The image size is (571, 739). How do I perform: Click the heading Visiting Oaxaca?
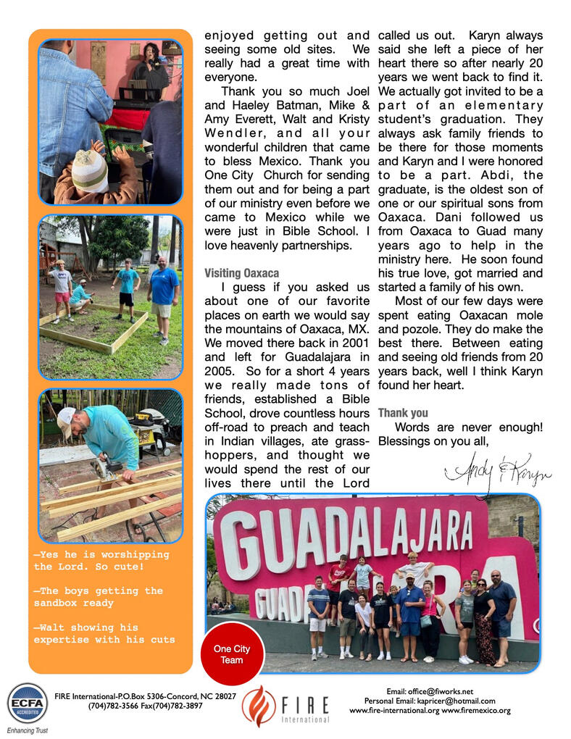(x=241, y=273)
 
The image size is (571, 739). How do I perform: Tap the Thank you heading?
(x=403, y=413)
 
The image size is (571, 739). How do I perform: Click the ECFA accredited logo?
(x=27, y=703)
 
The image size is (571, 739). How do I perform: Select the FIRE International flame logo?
(x=259, y=706)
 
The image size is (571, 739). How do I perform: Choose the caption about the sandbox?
(x=99, y=596)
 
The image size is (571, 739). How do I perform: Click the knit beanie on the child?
(x=90, y=171)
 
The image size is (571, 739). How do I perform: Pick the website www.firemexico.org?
(x=476, y=711)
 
